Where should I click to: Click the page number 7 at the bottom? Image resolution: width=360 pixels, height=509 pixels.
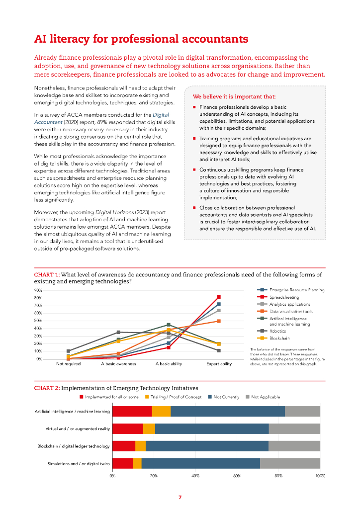coord(180,497)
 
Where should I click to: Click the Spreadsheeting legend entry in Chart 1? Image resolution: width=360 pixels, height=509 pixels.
coord(284,297)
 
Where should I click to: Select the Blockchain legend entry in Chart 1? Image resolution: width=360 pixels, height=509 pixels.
coord(280,338)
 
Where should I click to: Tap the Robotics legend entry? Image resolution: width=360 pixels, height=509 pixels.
coord(278,331)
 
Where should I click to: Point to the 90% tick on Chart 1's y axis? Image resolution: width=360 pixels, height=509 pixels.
coord(38,290)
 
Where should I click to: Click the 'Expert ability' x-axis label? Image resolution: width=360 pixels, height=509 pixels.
coord(219,364)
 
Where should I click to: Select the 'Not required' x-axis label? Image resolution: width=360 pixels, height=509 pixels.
coord(68,364)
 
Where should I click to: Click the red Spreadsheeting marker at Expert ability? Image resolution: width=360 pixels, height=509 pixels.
coord(219,297)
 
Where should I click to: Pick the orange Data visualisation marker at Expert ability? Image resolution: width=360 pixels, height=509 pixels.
coord(219,321)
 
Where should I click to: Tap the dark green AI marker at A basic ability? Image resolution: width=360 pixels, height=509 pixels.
coord(169,325)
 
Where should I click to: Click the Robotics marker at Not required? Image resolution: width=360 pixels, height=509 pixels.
coord(68,351)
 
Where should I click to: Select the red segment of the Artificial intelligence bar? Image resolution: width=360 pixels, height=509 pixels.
coord(132,411)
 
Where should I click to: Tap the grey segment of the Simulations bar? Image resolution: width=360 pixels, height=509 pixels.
coord(290,464)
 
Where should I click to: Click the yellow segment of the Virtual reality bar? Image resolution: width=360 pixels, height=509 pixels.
coord(149,429)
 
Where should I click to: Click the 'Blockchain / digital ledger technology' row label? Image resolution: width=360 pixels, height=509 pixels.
coord(74,446)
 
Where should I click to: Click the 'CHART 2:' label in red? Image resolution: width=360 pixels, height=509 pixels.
coord(47,388)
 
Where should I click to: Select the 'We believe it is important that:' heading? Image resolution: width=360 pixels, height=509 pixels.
coord(234,96)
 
